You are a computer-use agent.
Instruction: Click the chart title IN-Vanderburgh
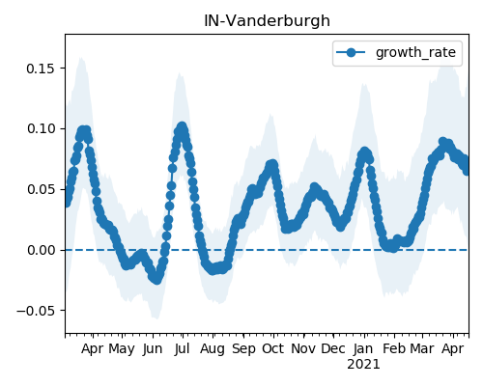(x=267, y=21)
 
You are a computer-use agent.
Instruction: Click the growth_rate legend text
(x=415, y=53)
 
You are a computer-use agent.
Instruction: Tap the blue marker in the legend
(x=351, y=52)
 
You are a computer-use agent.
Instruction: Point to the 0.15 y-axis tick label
(x=41, y=69)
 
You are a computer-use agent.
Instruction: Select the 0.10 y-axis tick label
(x=41, y=128)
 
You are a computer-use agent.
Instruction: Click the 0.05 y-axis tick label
(x=41, y=189)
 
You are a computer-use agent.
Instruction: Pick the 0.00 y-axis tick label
(x=41, y=250)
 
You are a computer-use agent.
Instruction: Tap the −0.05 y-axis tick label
(x=36, y=311)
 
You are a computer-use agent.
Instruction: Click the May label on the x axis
(x=122, y=349)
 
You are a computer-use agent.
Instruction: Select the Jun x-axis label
(x=153, y=349)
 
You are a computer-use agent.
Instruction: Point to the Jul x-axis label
(x=183, y=349)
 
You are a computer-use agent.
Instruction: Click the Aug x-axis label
(x=213, y=349)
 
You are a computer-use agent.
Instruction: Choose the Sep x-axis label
(x=243, y=349)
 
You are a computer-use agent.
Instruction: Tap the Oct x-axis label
(x=273, y=349)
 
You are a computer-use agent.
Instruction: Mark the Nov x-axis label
(x=303, y=349)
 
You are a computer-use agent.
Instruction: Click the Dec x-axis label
(x=333, y=349)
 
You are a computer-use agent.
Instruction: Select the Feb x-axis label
(x=394, y=349)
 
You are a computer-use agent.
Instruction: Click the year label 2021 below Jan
(x=363, y=365)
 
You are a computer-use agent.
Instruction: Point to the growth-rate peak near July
(x=182, y=126)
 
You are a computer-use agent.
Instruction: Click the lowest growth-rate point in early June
(x=156, y=279)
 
